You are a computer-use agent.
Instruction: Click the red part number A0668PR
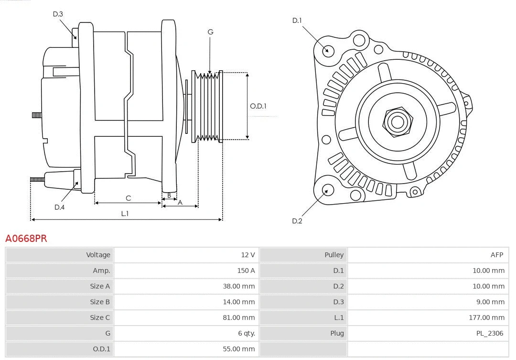[x=26, y=238]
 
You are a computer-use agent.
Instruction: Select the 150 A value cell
[x=246, y=271]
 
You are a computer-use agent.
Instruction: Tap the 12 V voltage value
[x=247, y=255]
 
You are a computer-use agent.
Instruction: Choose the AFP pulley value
[x=496, y=255]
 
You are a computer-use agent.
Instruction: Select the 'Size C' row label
[x=100, y=317]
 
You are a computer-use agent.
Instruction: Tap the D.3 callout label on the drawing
[x=58, y=14]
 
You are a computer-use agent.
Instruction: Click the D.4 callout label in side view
[x=59, y=207]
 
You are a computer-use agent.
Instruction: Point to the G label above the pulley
[x=210, y=32]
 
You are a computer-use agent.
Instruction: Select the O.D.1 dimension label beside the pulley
[x=258, y=106]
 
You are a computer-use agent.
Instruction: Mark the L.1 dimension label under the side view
[x=125, y=214]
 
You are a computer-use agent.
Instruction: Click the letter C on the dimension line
[x=128, y=198]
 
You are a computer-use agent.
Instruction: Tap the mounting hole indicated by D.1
[x=328, y=50]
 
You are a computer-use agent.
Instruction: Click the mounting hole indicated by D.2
[x=327, y=190]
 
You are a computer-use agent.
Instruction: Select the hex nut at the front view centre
[x=397, y=121]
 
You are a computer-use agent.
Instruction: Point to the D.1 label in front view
[x=297, y=20]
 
